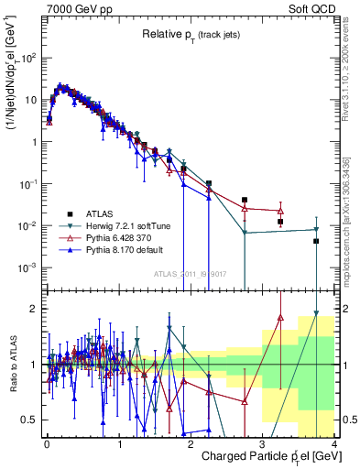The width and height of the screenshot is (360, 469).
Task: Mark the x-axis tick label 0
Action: [x=47, y=443]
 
